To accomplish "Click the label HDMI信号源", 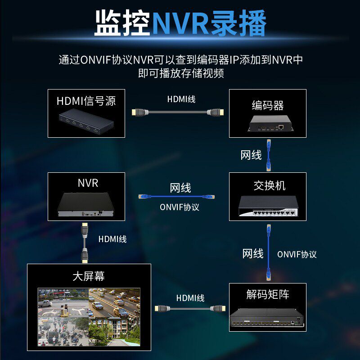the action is [86, 100].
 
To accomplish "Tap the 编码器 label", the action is [267, 106].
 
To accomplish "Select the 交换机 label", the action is [268, 185].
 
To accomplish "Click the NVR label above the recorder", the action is [87, 183].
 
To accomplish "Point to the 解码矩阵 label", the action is [267, 295].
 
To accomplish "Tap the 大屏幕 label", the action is [88, 276].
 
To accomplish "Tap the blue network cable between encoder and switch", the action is [269, 156].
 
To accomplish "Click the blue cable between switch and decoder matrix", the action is [269, 252].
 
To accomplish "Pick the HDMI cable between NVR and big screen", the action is [84, 243].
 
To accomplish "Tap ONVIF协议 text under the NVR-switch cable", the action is [179, 207].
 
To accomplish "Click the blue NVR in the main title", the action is [180, 23].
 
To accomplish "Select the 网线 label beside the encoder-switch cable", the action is [251, 155].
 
